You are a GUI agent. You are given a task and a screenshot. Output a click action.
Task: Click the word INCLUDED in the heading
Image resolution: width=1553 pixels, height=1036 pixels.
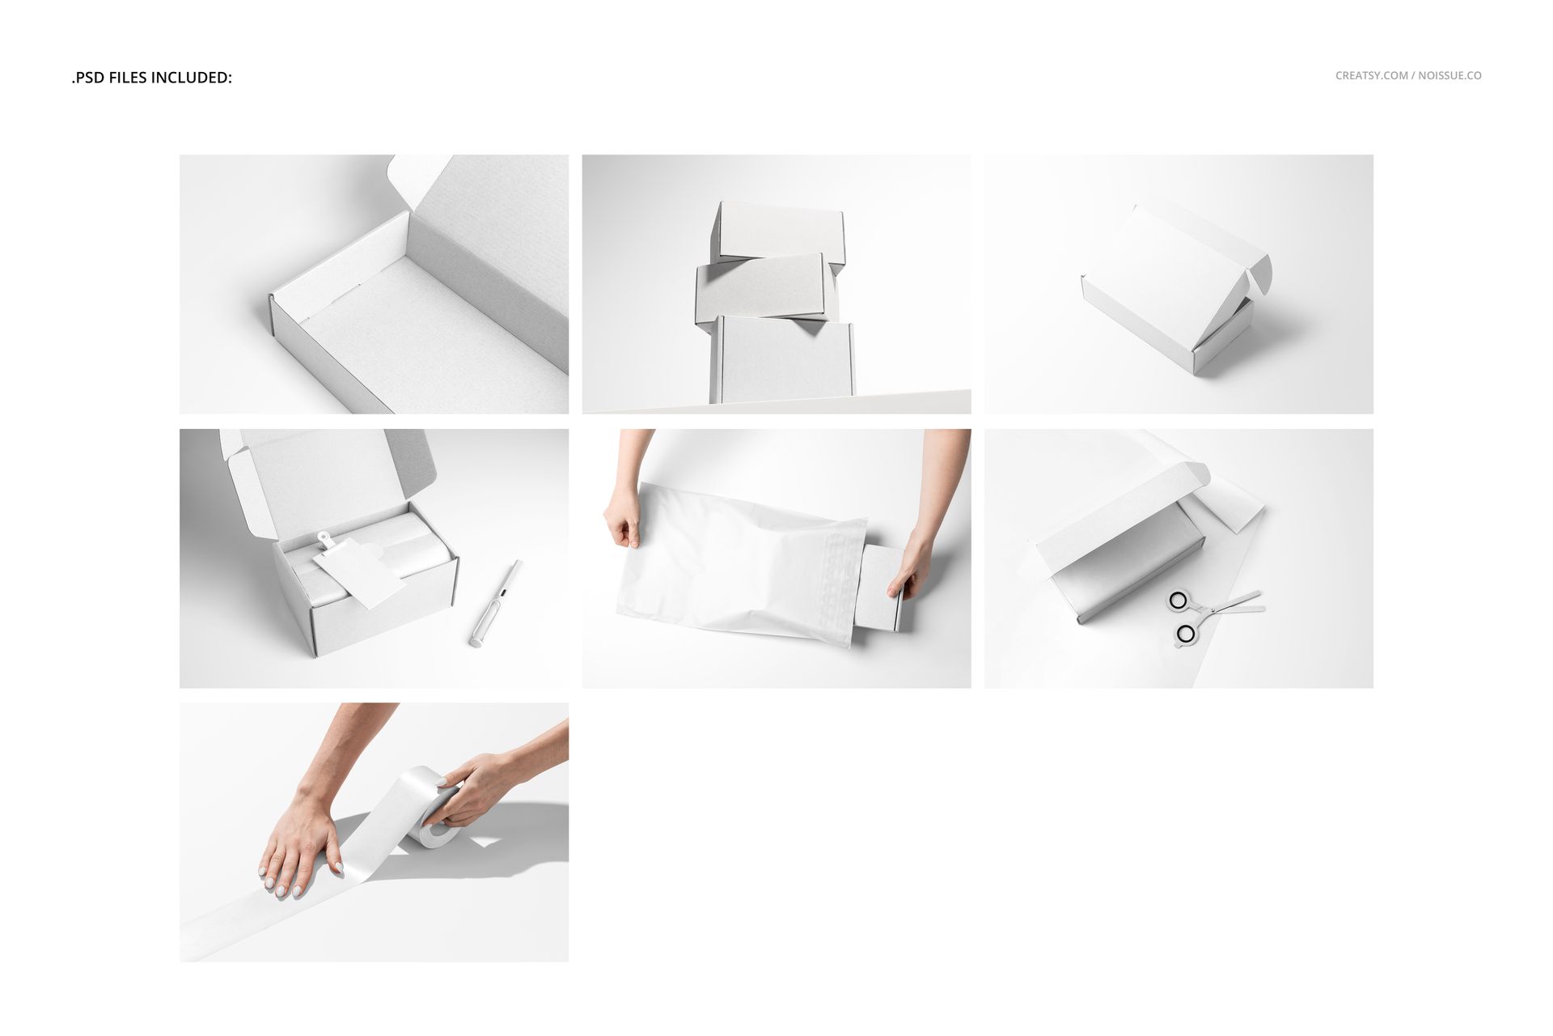coord(192,78)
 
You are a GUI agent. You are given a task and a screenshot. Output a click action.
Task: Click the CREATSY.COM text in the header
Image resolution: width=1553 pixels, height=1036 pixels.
coord(1371,75)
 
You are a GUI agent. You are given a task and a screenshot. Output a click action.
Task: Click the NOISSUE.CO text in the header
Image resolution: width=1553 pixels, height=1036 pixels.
coord(1449,75)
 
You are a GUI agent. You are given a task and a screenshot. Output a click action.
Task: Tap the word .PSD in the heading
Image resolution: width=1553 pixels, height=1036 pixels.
coord(87,78)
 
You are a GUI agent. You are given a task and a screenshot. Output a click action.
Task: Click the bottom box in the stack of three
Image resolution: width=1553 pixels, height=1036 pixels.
coord(781,360)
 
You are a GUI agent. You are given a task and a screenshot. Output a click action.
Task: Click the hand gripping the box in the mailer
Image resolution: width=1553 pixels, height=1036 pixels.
coord(914,563)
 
